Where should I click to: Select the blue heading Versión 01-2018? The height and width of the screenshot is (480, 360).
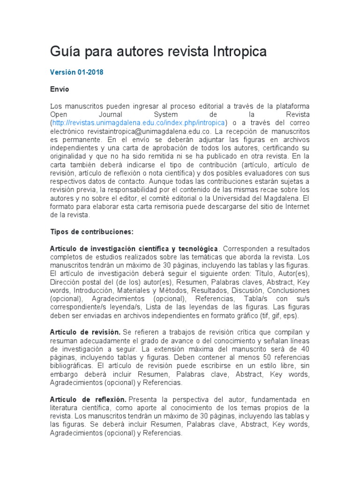(77, 73)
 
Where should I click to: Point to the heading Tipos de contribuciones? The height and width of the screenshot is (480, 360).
(92, 232)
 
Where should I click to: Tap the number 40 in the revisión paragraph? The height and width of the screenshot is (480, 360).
(305, 349)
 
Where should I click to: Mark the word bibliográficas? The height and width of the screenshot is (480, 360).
(70, 366)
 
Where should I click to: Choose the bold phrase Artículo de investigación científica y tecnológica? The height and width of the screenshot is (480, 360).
(134, 248)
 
